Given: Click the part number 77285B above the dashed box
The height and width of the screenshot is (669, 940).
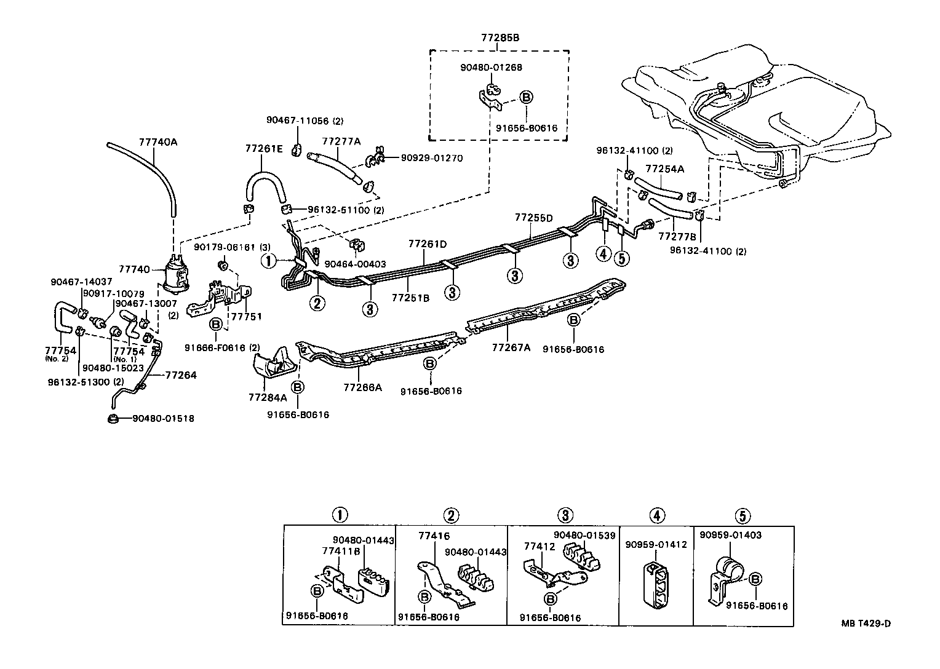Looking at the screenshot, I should (500, 38).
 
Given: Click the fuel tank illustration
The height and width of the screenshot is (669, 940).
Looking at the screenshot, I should (757, 111).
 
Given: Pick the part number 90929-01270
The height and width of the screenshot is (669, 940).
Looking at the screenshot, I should (432, 158).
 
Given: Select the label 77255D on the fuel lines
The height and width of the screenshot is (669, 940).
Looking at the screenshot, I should (533, 218).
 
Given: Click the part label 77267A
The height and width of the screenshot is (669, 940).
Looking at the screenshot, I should (511, 347).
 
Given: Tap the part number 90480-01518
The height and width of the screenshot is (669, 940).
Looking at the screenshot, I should (163, 419).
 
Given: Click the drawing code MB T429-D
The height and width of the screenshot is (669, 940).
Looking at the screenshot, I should (866, 623).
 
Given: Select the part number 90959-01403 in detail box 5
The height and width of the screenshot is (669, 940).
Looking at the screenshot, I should (730, 535).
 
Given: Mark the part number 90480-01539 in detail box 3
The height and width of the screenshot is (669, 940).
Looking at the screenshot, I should (584, 535).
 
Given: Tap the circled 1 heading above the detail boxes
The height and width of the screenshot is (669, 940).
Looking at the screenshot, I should (339, 515).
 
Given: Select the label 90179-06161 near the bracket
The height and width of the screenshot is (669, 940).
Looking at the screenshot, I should (223, 247).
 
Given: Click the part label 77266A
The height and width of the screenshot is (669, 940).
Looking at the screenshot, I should (362, 387).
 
